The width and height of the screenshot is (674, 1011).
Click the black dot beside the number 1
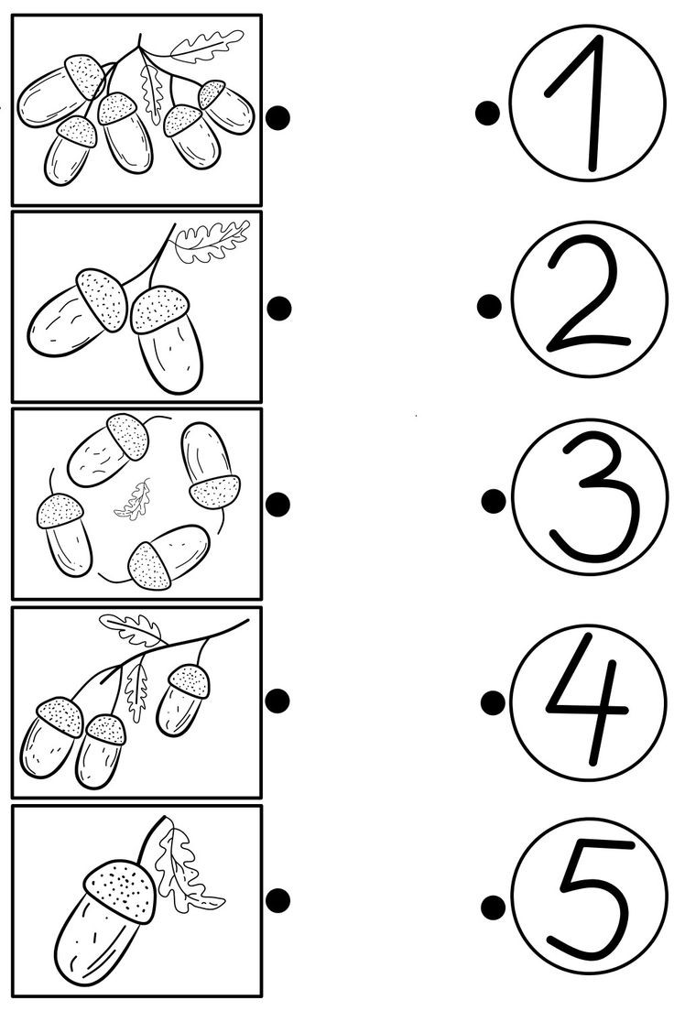pyautogui.click(x=487, y=114)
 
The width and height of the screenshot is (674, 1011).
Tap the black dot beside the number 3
pyautogui.click(x=494, y=501)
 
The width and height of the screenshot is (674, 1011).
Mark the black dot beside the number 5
pyautogui.click(x=494, y=908)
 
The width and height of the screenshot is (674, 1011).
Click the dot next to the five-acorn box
pyautogui.click(x=278, y=117)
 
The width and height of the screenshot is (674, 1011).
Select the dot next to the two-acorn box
pyautogui.click(x=279, y=309)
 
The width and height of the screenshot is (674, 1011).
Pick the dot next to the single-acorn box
pyautogui.click(x=278, y=900)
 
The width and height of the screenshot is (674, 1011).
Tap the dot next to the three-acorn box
pyautogui.click(x=278, y=701)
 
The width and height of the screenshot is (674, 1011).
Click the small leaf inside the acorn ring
pyautogui.click(x=134, y=501)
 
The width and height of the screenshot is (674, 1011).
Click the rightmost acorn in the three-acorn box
pyautogui.click(x=183, y=700)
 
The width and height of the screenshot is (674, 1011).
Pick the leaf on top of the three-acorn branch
pyautogui.click(x=131, y=630)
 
